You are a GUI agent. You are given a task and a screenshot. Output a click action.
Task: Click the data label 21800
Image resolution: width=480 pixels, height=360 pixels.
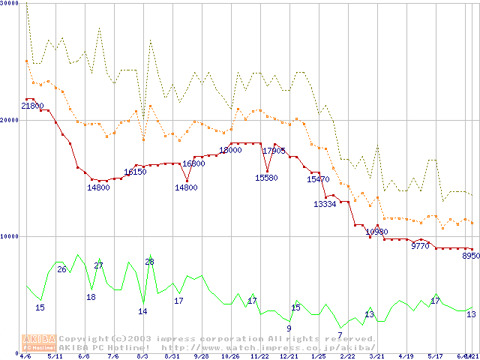point(32,106)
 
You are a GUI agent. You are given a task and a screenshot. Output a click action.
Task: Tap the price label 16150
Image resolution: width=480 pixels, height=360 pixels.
point(135,172)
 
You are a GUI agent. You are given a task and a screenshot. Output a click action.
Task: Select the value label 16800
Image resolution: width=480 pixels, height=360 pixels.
point(193,163)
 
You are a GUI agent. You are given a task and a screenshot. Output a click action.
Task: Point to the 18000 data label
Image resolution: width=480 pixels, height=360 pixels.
point(230,150)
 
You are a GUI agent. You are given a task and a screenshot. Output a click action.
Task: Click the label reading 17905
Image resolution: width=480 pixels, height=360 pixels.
point(274,151)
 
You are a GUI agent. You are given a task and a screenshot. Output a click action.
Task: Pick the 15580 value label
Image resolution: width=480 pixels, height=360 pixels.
point(266,178)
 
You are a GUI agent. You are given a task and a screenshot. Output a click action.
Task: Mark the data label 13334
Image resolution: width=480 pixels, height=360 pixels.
point(325,204)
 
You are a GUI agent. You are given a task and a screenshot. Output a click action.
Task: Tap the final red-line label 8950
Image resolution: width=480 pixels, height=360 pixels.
point(470,256)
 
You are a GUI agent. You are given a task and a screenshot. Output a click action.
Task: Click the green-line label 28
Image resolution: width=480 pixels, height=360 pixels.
point(150,262)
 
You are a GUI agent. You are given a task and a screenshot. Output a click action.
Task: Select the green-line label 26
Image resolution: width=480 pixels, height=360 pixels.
point(62,269)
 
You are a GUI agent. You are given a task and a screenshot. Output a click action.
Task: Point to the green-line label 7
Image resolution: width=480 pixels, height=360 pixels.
point(340,335)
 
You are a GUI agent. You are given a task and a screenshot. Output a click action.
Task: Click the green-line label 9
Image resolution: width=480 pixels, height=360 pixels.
point(289,328)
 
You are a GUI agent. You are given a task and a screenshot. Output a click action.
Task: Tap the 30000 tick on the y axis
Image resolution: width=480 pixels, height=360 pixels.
point(10,4)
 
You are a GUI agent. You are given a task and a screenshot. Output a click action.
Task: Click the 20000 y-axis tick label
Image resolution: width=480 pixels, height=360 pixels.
point(10,120)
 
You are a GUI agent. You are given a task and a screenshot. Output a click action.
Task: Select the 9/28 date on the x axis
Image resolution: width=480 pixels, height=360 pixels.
point(201,356)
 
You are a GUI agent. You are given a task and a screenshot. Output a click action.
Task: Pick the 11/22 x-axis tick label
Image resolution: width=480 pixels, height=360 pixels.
point(259,356)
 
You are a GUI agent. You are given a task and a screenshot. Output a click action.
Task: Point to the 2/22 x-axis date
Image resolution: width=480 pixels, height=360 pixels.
point(347,356)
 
